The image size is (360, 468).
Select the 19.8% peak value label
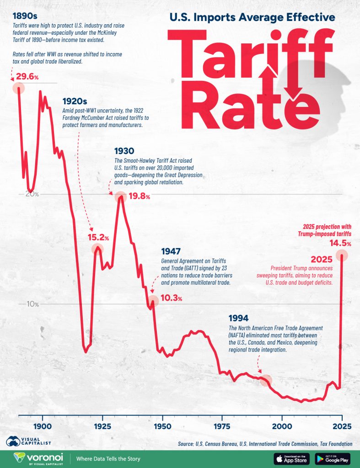coord(139,197)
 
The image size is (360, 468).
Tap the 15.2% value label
coord(98,238)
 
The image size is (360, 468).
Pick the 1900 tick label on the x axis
coord(43,426)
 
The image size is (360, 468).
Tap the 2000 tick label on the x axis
coord(282,426)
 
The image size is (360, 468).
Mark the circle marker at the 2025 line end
coord(342,255)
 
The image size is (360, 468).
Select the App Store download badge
coord(292,458)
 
